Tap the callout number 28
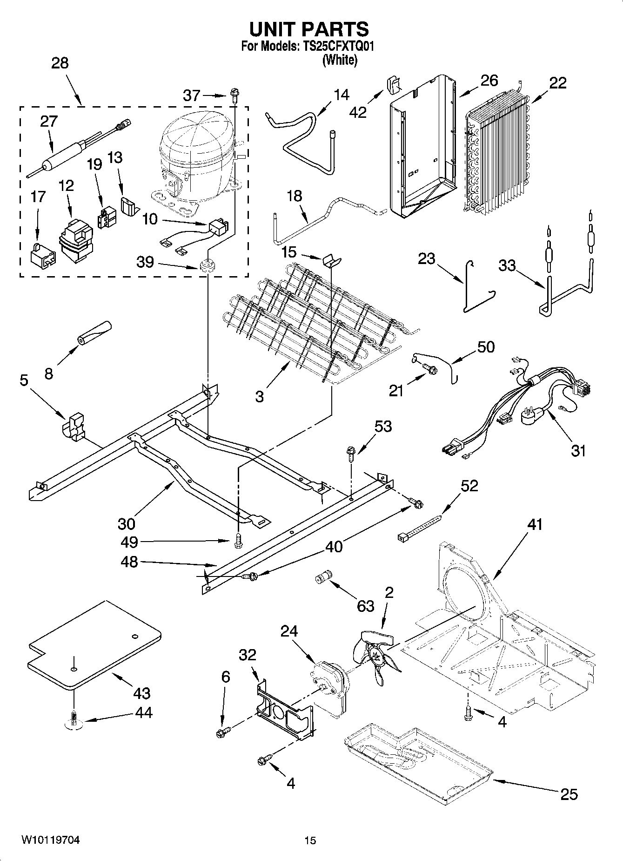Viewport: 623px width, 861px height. tap(60, 63)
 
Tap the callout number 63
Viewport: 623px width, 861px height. tap(366, 606)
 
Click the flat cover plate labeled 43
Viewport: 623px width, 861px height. tap(93, 645)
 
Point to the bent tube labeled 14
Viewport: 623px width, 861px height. tap(302, 140)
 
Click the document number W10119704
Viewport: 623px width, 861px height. tap(50, 840)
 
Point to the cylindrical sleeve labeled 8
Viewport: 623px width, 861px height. tap(94, 333)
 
